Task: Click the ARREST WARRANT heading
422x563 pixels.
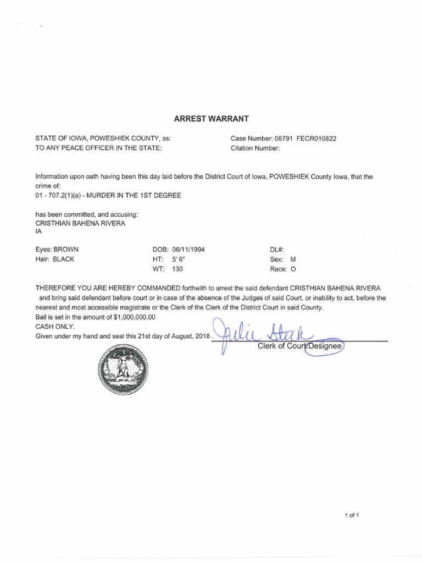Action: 211,118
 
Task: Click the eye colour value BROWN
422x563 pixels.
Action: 66,250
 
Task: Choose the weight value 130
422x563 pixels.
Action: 177,269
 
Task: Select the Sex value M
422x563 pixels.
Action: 293,259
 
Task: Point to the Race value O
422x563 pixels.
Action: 293,269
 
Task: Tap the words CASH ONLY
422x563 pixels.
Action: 53,327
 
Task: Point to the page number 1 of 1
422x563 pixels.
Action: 352,515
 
